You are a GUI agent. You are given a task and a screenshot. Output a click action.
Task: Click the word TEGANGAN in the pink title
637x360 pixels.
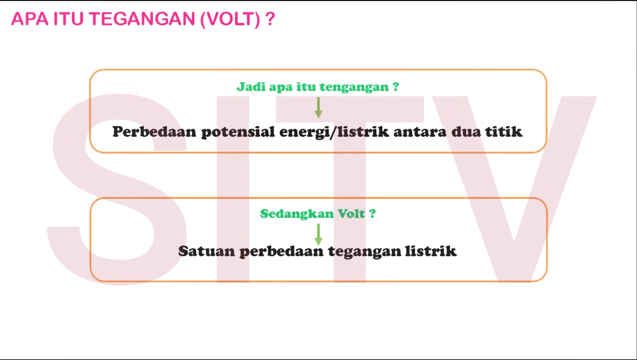tap(142, 19)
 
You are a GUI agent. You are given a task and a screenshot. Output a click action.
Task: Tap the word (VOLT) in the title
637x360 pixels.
tap(230, 19)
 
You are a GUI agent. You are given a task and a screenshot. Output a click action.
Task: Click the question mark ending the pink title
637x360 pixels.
tap(271, 19)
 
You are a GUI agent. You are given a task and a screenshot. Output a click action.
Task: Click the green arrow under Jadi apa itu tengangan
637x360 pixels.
tap(318, 108)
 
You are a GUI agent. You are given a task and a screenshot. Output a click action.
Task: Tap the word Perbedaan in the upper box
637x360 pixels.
tap(154, 132)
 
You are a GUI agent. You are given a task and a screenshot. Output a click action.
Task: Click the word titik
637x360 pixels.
tap(503, 132)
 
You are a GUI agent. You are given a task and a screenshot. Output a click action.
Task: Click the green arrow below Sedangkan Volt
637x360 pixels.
tap(318, 234)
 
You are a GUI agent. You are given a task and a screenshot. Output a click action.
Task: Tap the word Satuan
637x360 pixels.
tap(207, 251)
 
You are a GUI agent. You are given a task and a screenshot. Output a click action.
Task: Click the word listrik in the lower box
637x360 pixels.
tap(430, 251)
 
